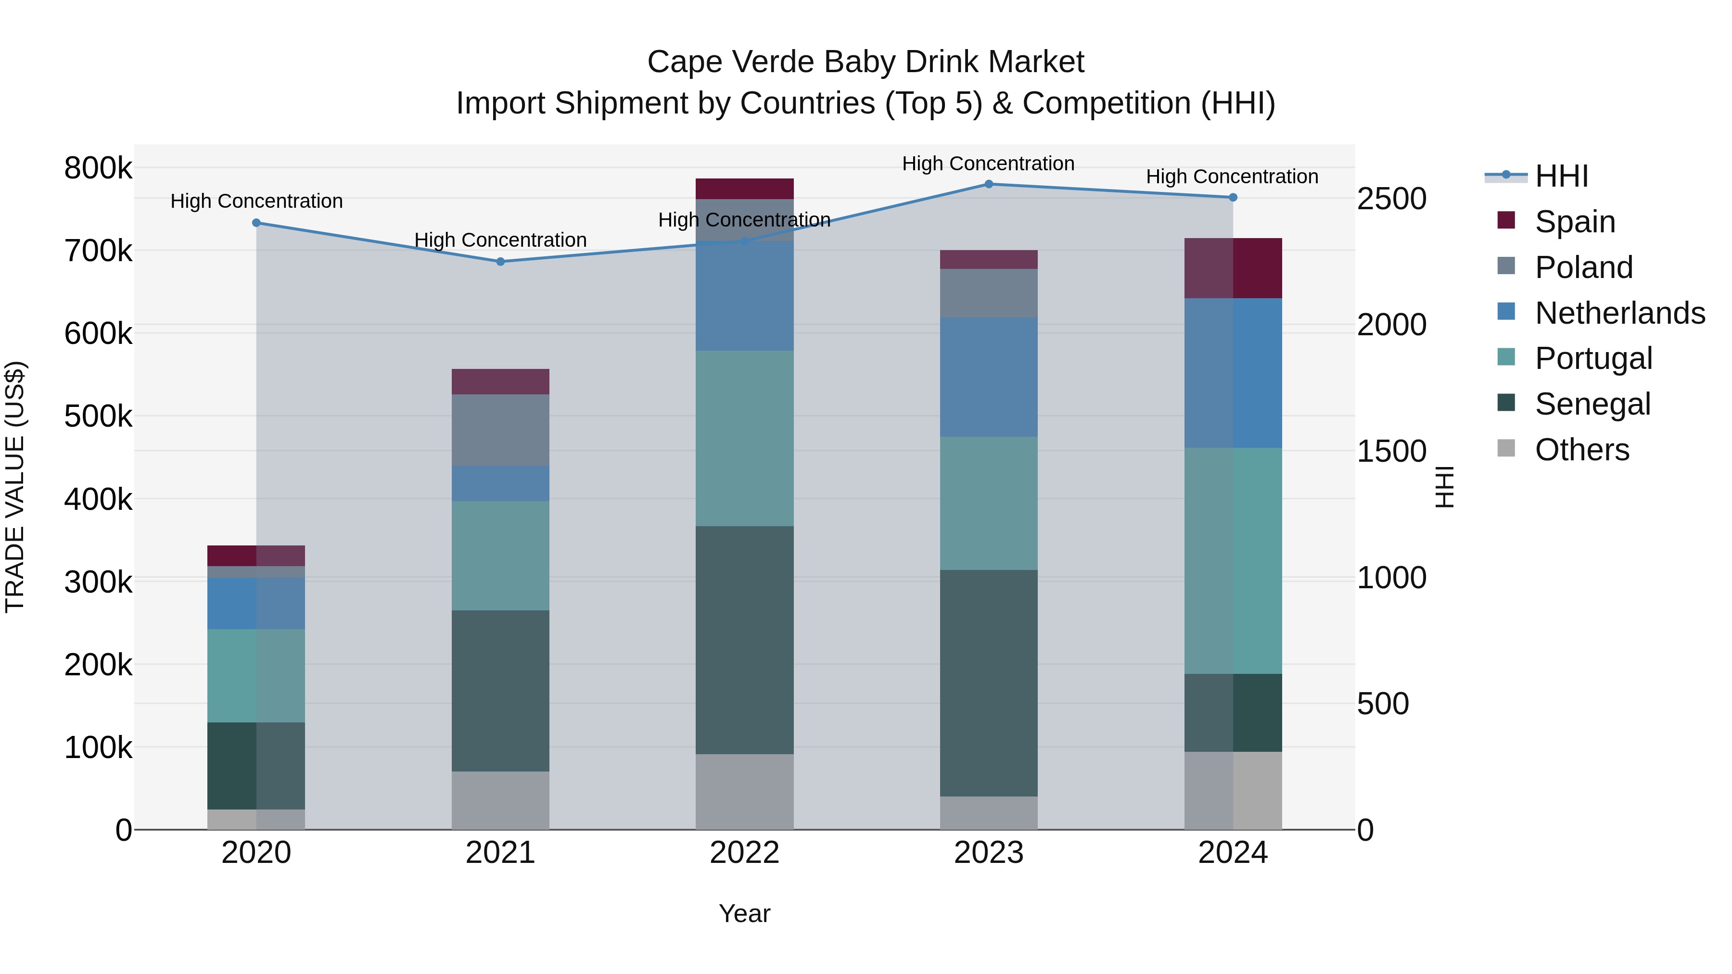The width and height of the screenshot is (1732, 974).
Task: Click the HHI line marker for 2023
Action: [x=988, y=184]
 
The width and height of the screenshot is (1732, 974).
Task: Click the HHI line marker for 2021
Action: [x=500, y=262]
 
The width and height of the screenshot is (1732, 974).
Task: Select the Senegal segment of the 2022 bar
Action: [x=744, y=639]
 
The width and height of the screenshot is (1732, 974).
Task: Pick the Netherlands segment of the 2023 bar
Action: [x=988, y=377]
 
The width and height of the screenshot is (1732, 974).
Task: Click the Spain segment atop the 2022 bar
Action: [x=744, y=189]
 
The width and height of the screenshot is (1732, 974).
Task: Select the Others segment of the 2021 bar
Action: [x=500, y=800]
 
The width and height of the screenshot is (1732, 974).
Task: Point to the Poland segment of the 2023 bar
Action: [x=988, y=293]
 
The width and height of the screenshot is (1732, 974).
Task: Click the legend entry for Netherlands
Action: [x=1619, y=313]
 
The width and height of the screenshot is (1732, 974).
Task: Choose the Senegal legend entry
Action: [x=1592, y=404]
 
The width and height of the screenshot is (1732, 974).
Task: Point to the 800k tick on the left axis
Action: [x=98, y=168]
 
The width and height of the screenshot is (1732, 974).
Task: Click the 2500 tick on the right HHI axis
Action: [x=1391, y=199]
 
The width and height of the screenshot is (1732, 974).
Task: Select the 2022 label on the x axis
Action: [x=744, y=853]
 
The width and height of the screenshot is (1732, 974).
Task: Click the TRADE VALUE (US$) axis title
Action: [x=15, y=487]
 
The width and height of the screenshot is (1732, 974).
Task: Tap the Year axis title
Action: [x=744, y=913]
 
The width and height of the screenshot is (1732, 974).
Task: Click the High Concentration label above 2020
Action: [x=256, y=201]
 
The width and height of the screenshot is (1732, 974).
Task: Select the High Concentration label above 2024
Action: [x=1232, y=177]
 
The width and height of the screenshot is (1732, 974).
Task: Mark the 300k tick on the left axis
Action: [x=98, y=582]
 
